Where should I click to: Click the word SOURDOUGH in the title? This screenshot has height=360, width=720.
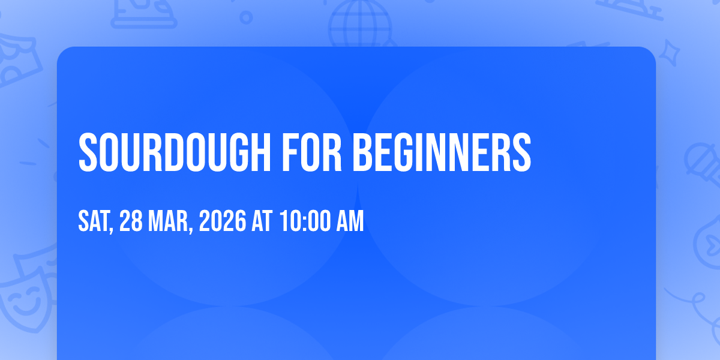[175, 152]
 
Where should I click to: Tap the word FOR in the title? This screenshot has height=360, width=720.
[312, 152]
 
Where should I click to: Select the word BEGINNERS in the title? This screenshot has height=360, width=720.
[442, 152]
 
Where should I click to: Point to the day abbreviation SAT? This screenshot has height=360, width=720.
[94, 221]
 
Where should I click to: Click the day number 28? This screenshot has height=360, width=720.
[131, 221]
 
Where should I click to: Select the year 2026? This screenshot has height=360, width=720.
[223, 221]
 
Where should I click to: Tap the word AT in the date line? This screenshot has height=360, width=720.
[262, 221]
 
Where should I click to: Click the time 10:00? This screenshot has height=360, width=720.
[305, 221]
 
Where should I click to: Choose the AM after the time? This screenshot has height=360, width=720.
[350, 221]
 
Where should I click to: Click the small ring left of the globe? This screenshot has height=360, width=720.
[246, 17]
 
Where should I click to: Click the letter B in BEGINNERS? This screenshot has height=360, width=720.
[364, 152]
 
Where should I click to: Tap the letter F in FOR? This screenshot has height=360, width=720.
[290, 152]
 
